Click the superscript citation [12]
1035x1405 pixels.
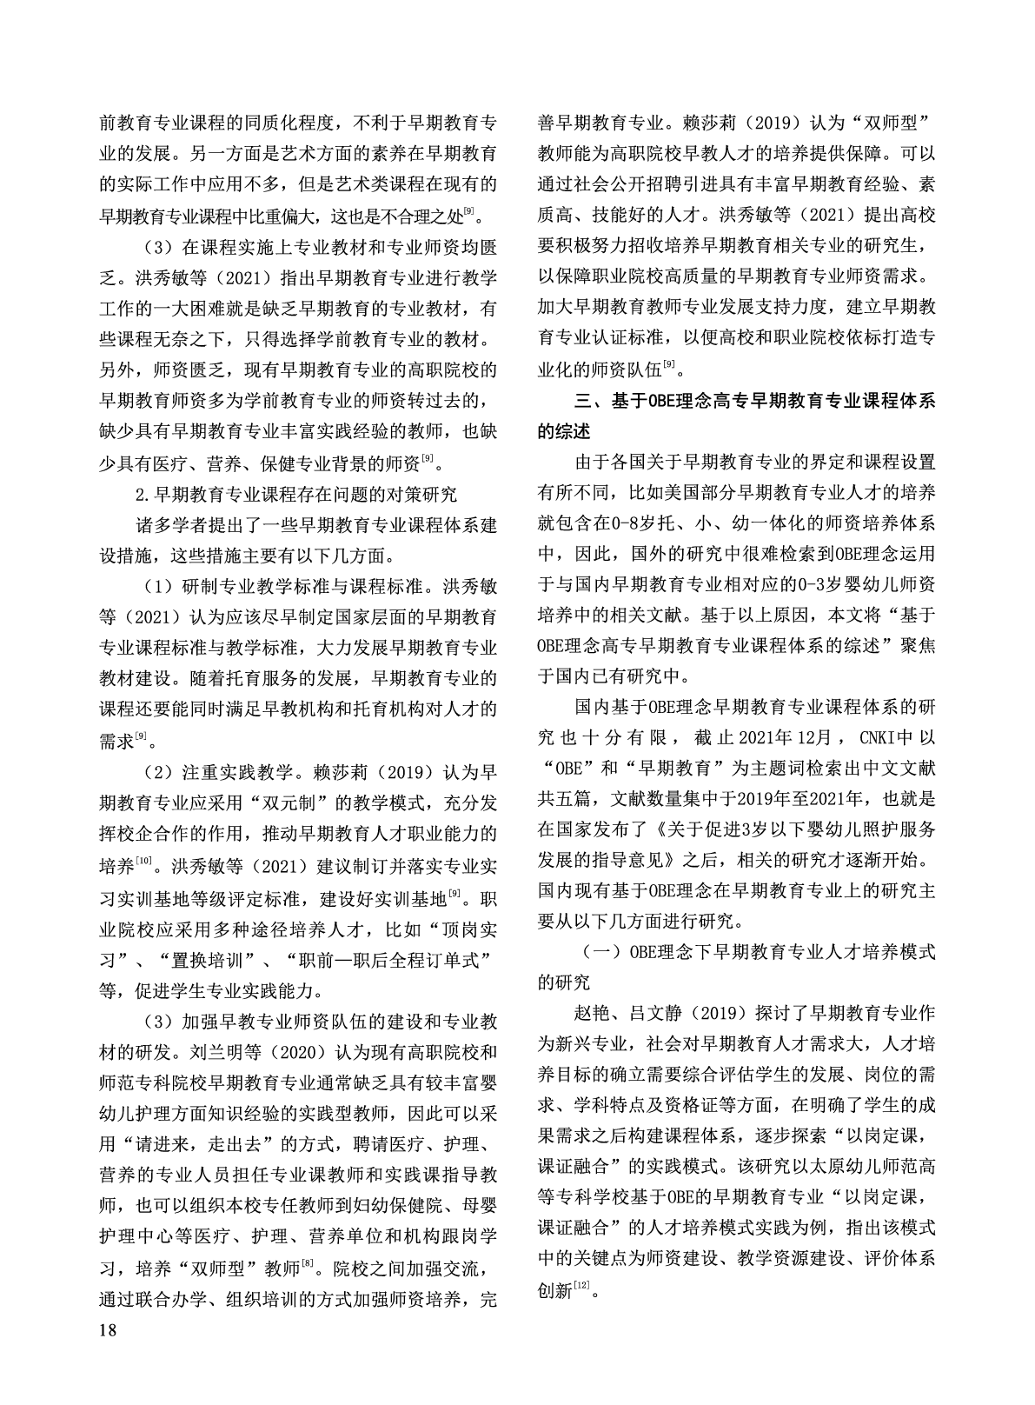click(x=581, y=1284)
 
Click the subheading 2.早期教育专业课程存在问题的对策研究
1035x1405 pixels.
click(x=296, y=494)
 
